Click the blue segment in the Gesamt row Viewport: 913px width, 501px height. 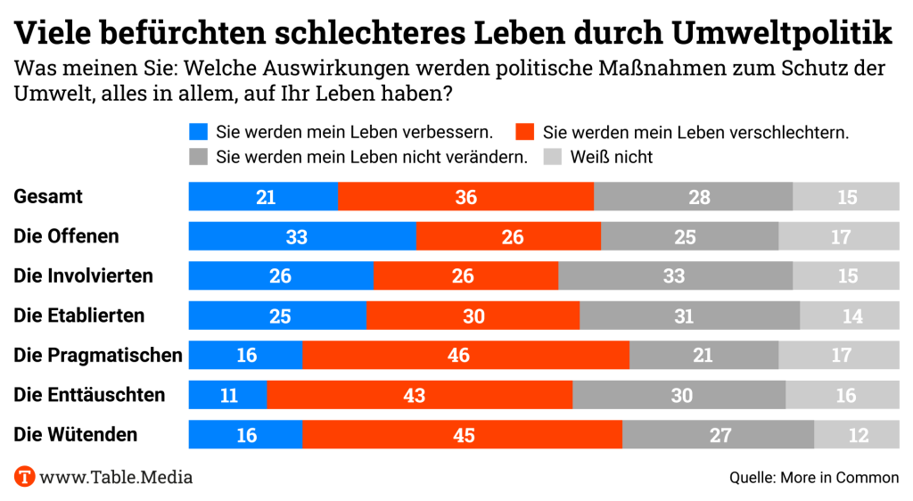(264, 197)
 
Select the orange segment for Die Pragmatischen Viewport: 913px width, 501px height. (465, 355)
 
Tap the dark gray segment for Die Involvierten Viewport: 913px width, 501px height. (675, 276)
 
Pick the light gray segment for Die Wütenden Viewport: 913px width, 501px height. (856, 434)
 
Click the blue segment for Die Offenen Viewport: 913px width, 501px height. (302, 237)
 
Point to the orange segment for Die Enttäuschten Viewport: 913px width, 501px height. (419, 395)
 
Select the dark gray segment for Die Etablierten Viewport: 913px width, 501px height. (689, 316)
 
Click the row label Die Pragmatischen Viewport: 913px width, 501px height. (98, 356)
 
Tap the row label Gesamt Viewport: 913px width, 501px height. (48, 197)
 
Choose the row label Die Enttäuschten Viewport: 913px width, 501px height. (89, 395)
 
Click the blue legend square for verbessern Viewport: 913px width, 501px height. (199, 133)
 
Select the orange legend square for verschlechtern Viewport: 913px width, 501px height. (524, 133)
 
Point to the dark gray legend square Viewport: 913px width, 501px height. (199, 157)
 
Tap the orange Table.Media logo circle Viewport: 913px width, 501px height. (24, 477)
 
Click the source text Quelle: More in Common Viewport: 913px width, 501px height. (814, 478)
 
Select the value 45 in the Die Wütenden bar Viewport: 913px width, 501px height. (463, 434)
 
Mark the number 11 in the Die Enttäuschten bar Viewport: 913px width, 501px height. (228, 395)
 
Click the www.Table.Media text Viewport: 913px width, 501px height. (116, 477)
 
